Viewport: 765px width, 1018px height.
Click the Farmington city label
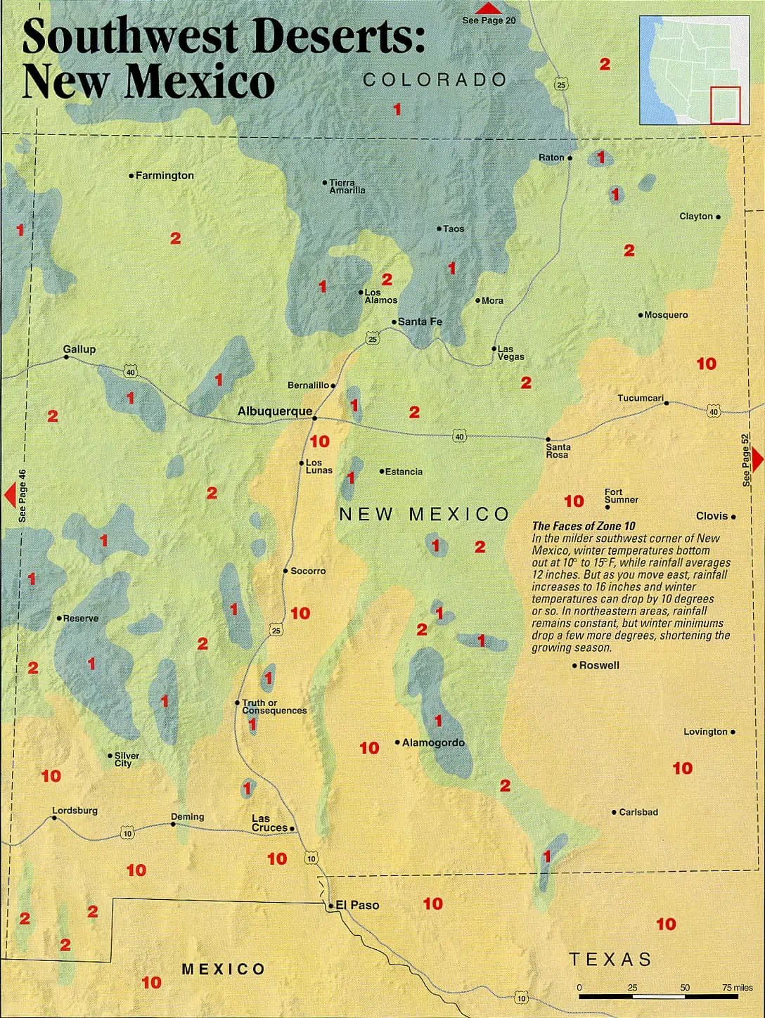[165, 176]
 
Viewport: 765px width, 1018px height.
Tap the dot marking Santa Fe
[394, 322]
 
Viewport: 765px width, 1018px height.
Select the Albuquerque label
[274, 411]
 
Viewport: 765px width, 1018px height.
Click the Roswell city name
[599, 665]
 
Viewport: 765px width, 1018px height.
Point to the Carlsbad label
[638, 812]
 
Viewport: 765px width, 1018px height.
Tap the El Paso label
[357, 906]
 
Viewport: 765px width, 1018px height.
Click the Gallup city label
[79, 349]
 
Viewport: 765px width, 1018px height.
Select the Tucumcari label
[641, 398]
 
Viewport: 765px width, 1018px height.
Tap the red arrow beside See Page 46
[10, 495]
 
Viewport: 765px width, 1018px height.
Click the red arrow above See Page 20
[488, 8]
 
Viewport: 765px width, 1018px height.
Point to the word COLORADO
[435, 80]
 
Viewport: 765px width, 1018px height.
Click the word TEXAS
[610, 959]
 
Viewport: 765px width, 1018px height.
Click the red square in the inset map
[725, 105]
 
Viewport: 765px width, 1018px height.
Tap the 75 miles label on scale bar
[737, 988]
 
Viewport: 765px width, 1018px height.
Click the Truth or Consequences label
[274, 707]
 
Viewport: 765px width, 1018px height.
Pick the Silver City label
[127, 759]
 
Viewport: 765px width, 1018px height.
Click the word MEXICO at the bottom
[224, 969]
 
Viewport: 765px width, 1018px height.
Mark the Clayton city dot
[718, 217]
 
